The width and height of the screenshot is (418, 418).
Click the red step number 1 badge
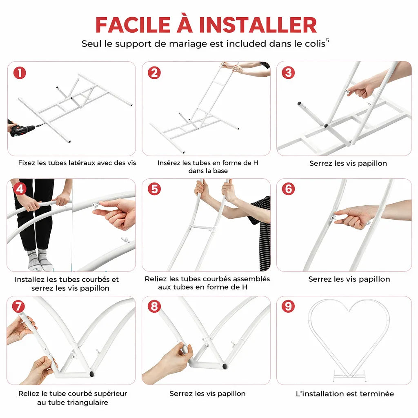pyautogui.click(x=20, y=73)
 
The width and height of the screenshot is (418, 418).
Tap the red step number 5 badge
pyautogui.click(x=154, y=189)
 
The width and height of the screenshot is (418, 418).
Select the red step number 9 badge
pyautogui.click(x=289, y=306)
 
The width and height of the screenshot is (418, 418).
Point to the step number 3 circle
pyautogui.click(x=289, y=73)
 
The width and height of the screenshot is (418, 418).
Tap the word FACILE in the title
pyautogui.click(x=133, y=25)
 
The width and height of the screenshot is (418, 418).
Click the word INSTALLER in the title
pyautogui.click(x=258, y=25)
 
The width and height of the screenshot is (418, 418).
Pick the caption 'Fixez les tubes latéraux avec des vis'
pyautogui.click(x=77, y=163)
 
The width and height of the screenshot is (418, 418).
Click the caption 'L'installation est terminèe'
pyautogui.click(x=345, y=394)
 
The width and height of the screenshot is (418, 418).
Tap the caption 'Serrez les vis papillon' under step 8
pyautogui.click(x=207, y=394)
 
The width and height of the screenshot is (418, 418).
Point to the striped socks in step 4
pyautogui.click(x=40, y=260)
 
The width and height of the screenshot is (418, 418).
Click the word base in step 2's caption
pyautogui.click(x=220, y=171)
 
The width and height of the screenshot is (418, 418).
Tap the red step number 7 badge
pyautogui.click(x=18, y=306)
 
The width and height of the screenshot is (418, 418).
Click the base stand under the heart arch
pyautogui.click(x=349, y=376)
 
